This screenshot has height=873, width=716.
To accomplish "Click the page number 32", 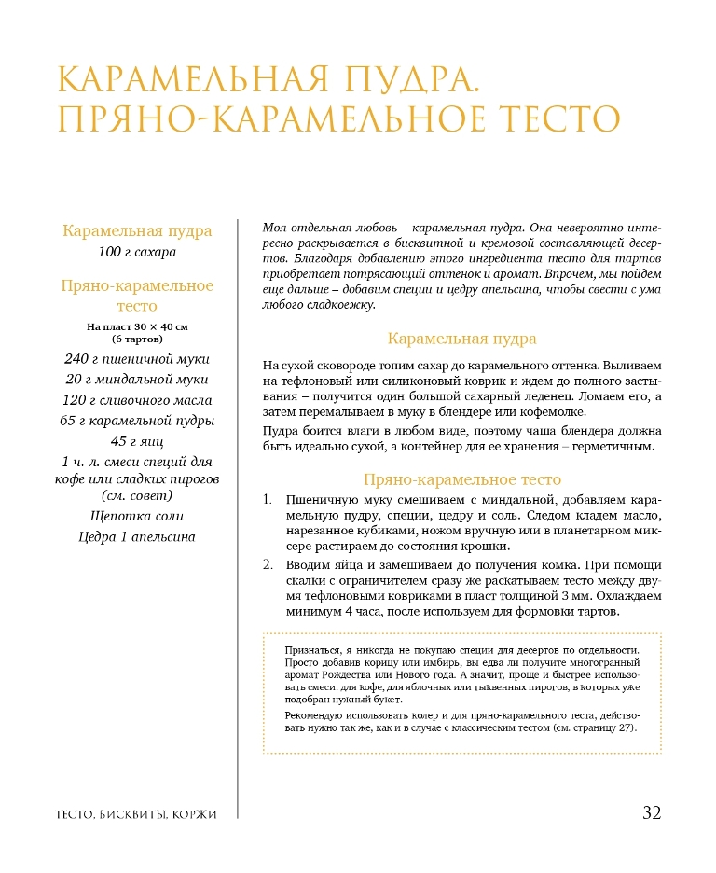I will click(651, 812).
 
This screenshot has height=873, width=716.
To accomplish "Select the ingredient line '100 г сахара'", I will click(137, 252).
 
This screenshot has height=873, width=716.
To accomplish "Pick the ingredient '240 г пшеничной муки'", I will click(137, 358).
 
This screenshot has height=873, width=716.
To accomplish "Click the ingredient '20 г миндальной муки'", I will click(137, 379).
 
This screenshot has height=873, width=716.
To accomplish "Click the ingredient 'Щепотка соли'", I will click(137, 516).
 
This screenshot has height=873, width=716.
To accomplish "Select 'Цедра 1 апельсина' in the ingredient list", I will click(137, 536).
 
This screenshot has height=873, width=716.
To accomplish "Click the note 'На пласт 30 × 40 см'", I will click(137, 327).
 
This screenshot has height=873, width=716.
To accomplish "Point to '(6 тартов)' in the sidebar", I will click(137, 339).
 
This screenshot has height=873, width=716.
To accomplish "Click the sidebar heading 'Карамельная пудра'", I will click(137, 230).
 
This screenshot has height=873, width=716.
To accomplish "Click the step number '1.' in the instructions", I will click(268, 501).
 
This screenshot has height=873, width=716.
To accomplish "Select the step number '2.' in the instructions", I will click(268, 565).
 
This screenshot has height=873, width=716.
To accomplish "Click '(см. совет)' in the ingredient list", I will click(137, 495).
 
